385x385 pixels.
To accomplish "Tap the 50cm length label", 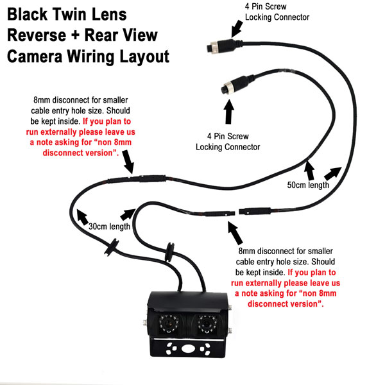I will click(308, 185).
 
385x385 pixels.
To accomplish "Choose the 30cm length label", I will click(110, 227).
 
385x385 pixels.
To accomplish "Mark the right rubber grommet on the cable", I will click(171, 249).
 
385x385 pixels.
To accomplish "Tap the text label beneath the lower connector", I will click(228, 142).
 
